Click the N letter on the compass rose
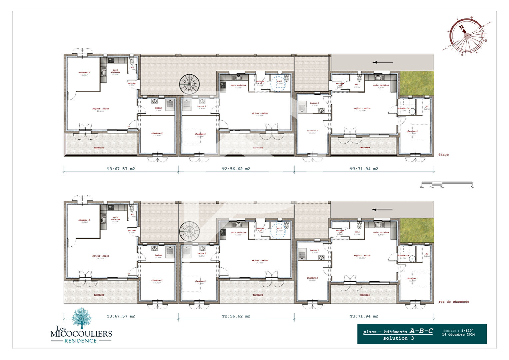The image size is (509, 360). tap(462, 27)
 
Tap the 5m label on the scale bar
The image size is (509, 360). tap(472, 187)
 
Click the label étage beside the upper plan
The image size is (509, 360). tap(443, 155)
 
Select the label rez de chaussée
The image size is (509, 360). tap(454, 302)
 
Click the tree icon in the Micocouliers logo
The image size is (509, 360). tap(82, 318)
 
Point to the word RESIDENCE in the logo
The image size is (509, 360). tap(81, 341)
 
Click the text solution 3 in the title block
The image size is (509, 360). tap(398, 338)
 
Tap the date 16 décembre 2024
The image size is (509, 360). tap(458, 335)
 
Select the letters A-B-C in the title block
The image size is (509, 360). tap(421, 331)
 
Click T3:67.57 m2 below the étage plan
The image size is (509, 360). tap(121, 169)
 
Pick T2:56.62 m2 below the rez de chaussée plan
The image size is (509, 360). tap(236, 316)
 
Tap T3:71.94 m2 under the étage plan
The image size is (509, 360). tap(364, 169)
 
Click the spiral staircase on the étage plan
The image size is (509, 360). tap(190, 84)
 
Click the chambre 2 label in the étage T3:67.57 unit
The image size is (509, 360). tap(84, 72)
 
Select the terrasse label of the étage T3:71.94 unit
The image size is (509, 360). tap(364, 147)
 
